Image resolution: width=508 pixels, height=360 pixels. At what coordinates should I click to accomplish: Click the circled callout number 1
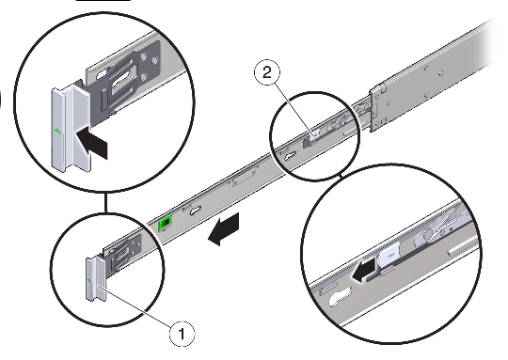pyautogui.click(x=183, y=334)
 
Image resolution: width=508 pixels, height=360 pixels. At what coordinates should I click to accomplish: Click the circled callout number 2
pyautogui.click(x=267, y=72)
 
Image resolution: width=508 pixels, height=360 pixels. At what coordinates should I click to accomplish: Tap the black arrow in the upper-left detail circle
pyautogui.click(x=91, y=143)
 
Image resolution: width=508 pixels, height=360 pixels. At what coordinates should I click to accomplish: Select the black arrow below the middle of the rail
pyautogui.click(x=224, y=228)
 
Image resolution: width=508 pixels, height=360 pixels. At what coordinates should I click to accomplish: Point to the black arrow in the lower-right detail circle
pyautogui.click(x=363, y=270)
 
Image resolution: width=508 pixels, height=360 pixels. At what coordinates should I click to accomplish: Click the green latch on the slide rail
pyautogui.click(x=165, y=224)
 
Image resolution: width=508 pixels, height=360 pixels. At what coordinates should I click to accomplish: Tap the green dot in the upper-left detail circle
pyautogui.click(x=57, y=132)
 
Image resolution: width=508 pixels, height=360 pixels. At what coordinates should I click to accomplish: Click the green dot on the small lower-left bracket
pyautogui.click(x=89, y=281)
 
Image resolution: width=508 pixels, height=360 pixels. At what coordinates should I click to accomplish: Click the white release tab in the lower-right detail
pyautogui.click(x=389, y=256)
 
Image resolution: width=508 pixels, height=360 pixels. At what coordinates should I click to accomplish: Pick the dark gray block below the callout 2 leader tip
pyautogui.click(x=309, y=141)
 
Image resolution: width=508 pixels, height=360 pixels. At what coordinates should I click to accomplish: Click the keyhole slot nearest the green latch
pyautogui.click(x=196, y=211)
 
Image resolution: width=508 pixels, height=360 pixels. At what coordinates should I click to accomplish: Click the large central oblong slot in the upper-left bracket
pyautogui.click(x=121, y=83)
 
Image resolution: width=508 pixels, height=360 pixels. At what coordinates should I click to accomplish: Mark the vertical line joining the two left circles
pyautogui.click(x=105, y=203)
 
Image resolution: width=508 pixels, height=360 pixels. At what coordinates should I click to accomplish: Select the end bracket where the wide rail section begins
pyautogui.click(x=377, y=108)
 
